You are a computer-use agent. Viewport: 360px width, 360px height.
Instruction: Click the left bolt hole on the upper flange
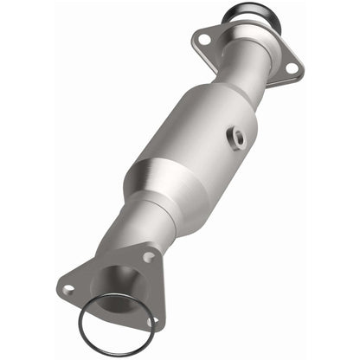[204, 37]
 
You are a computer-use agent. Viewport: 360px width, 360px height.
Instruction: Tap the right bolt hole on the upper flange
[292, 67]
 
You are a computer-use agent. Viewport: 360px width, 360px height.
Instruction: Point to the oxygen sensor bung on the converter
[236, 136]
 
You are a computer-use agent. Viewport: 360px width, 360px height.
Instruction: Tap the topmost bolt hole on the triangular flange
[148, 257]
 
